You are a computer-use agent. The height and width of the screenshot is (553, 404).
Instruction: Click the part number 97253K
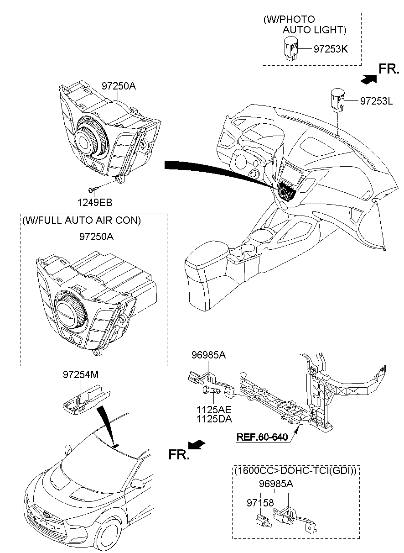pyautogui.click(x=331, y=49)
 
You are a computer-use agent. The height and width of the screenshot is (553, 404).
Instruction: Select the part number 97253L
pyautogui.click(x=376, y=101)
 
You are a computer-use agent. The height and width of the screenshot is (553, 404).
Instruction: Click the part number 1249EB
pyautogui.click(x=94, y=202)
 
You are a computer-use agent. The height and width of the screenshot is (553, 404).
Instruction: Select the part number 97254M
pyautogui.click(x=80, y=375)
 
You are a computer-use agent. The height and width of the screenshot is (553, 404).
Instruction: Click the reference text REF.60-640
pyautogui.click(x=262, y=437)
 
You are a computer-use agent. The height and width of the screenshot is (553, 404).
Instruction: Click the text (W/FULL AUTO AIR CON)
pyautogui.click(x=81, y=220)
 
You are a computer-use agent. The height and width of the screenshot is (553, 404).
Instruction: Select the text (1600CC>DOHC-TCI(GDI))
pyautogui.click(x=295, y=470)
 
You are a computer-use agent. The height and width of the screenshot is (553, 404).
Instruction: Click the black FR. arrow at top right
pyautogui.click(x=369, y=79)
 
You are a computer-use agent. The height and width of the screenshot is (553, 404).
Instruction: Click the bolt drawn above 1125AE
pyautogui.click(x=211, y=391)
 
